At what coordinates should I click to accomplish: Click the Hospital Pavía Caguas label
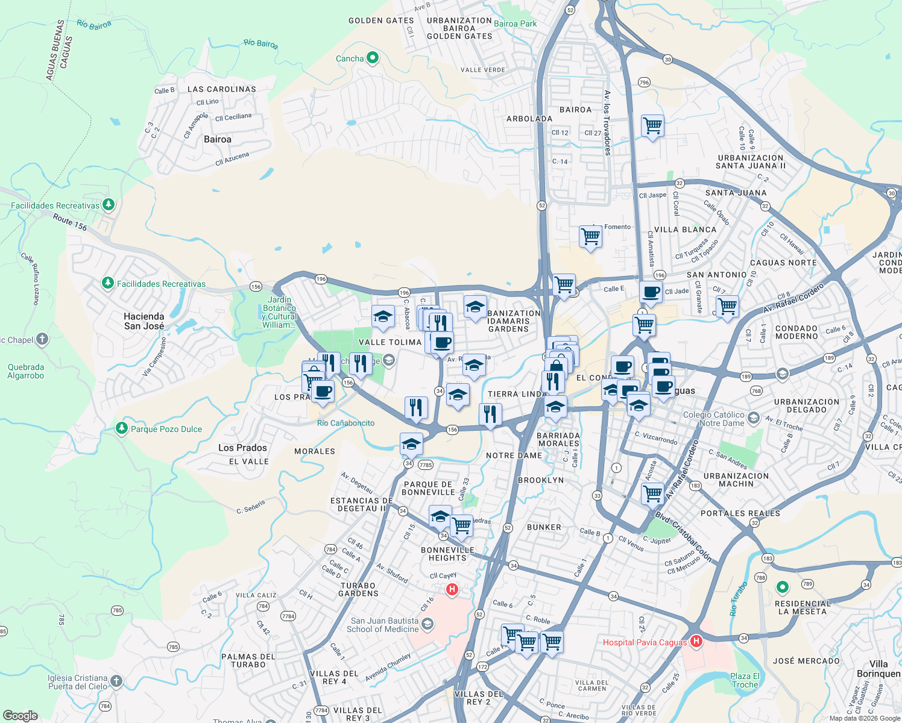tap(645, 642)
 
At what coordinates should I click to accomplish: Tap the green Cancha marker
tap(373, 58)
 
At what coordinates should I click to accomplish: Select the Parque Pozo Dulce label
tap(166, 429)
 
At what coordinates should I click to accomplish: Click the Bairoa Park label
tap(515, 23)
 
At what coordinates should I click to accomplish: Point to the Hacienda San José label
tap(144, 321)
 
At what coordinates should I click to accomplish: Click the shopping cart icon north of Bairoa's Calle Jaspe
tap(652, 126)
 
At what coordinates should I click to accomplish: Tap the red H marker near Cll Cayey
tap(452, 589)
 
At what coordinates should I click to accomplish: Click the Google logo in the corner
tap(20, 716)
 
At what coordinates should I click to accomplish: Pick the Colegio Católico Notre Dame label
tap(713, 419)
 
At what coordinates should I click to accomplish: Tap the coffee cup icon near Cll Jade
tap(651, 292)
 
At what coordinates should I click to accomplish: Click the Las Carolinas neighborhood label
tap(221, 89)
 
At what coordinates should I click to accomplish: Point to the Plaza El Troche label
tap(745, 680)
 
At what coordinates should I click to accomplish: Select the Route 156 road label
tap(70, 222)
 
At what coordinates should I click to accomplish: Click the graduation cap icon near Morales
tap(411, 444)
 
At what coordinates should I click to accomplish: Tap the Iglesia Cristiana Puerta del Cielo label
tap(77, 682)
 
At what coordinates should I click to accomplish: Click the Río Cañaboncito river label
tap(345, 423)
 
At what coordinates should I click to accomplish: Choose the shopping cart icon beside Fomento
tap(590, 236)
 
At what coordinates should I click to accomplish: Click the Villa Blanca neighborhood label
tap(685, 230)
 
